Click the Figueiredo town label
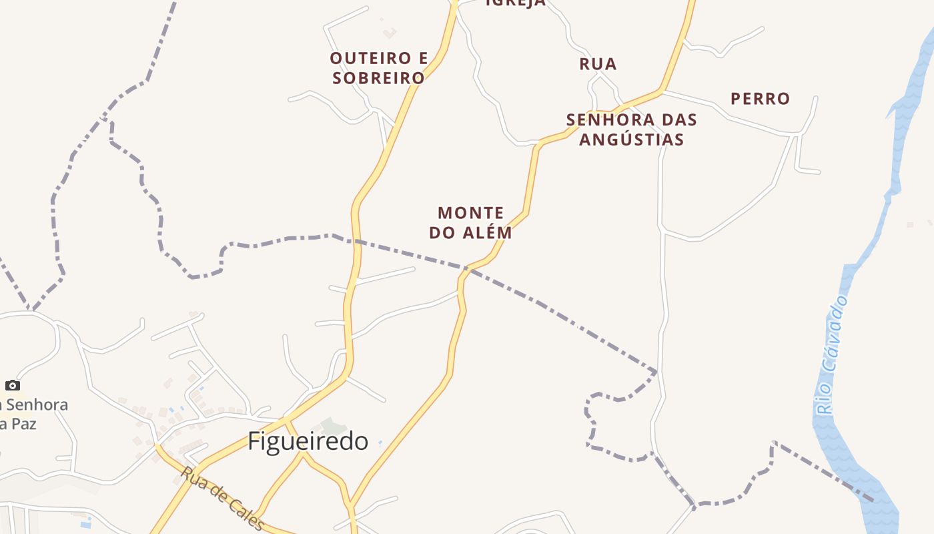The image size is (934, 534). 308,441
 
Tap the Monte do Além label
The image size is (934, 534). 470,223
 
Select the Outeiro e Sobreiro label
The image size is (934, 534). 379,68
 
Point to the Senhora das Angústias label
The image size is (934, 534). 631,129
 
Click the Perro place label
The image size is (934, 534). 760,99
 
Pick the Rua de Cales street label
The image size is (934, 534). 222,498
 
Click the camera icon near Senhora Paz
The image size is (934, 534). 13,385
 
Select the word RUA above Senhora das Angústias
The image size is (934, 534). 598,64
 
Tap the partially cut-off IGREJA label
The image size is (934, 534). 515,3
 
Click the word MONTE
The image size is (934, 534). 470,214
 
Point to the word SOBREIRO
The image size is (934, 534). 379,78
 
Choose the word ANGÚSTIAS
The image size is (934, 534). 632,140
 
